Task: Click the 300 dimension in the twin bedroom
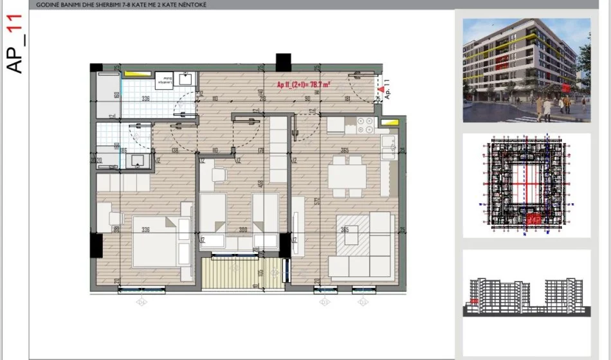(242, 230)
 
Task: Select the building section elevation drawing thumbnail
(526, 296)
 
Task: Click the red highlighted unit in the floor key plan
(534, 219)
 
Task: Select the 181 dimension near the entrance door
(347, 98)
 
